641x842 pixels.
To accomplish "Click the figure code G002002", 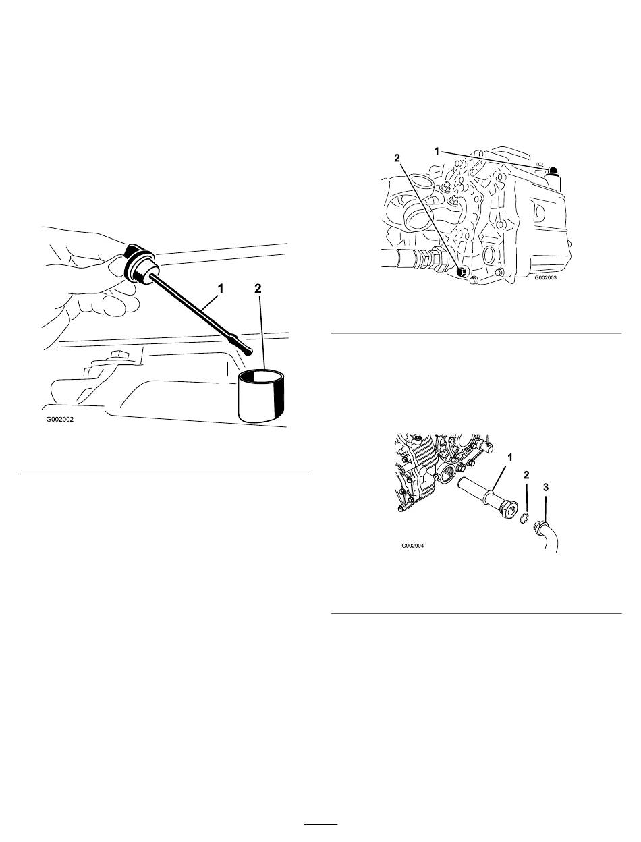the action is coord(60,419).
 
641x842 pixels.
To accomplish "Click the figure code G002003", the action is coord(545,277).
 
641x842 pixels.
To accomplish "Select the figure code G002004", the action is coord(413,545).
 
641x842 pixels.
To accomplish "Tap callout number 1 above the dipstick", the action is coord(220,288).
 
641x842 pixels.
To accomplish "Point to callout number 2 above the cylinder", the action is coord(258,289).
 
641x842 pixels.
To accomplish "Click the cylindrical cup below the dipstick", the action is coord(261,395).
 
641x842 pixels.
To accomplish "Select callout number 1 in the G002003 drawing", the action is coord(437,152).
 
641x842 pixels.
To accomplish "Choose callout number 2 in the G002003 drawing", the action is coord(397,158).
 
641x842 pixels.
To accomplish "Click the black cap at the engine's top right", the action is coord(553,170).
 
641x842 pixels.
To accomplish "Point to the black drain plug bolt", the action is coord(462,273).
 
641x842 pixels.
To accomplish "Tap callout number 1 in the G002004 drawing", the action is coord(510,457).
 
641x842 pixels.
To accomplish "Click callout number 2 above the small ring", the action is coord(526,475).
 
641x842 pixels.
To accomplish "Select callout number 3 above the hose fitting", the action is coord(546,487).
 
